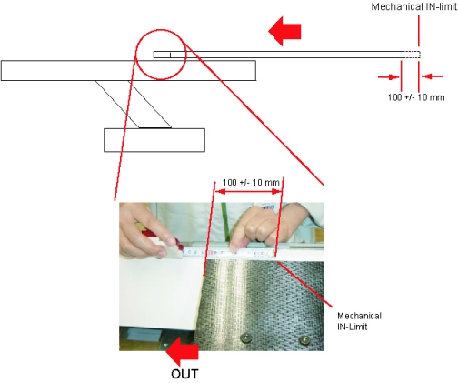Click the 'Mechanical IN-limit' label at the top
coord(414,6)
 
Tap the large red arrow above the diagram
coord(284,31)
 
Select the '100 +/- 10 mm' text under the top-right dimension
coord(416,97)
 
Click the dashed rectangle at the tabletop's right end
coord(412,55)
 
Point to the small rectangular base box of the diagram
coord(154,140)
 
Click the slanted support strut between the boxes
coord(134,104)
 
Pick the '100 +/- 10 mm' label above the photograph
coord(251,183)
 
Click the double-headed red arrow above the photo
coord(248,192)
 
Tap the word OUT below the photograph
coord(184,374)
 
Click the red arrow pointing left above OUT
coord(182,352)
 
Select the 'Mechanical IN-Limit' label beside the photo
coord(359,321)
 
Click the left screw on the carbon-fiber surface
coord(246,338)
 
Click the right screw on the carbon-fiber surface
coord(304,340)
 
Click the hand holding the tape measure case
coord(145,230)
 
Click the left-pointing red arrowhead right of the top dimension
coord(433,76)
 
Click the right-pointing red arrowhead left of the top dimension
coord(389,77)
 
